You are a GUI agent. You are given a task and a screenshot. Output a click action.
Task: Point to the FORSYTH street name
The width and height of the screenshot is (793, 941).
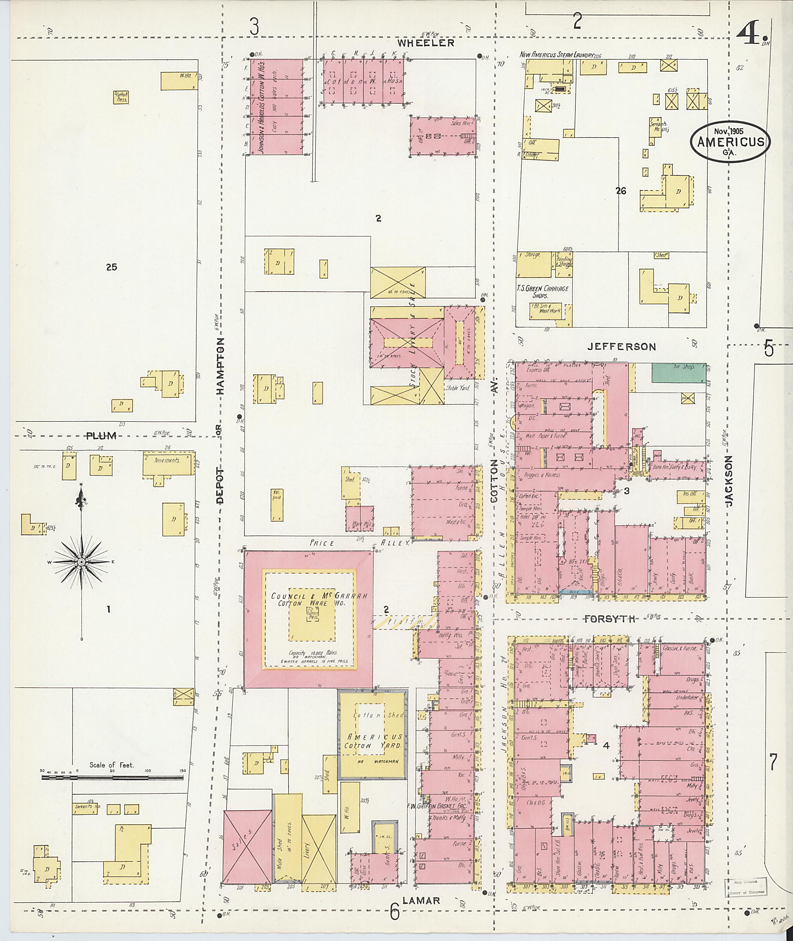tap(609, 620)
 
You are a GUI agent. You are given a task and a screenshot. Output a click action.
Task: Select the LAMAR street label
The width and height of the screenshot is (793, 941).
tap(421, 901)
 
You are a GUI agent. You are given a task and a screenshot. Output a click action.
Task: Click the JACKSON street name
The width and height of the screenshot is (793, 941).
tap(729, 481)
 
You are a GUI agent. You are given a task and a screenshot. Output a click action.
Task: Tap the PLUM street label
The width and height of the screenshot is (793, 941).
tap(101, 435)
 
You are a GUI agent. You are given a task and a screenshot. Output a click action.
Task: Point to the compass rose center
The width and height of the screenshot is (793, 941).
tap(81, 562)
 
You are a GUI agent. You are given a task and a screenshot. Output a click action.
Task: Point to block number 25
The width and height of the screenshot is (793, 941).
tap(112, 267)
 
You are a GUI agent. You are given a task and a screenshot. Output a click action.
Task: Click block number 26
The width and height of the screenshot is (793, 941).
tap(621, 191)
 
